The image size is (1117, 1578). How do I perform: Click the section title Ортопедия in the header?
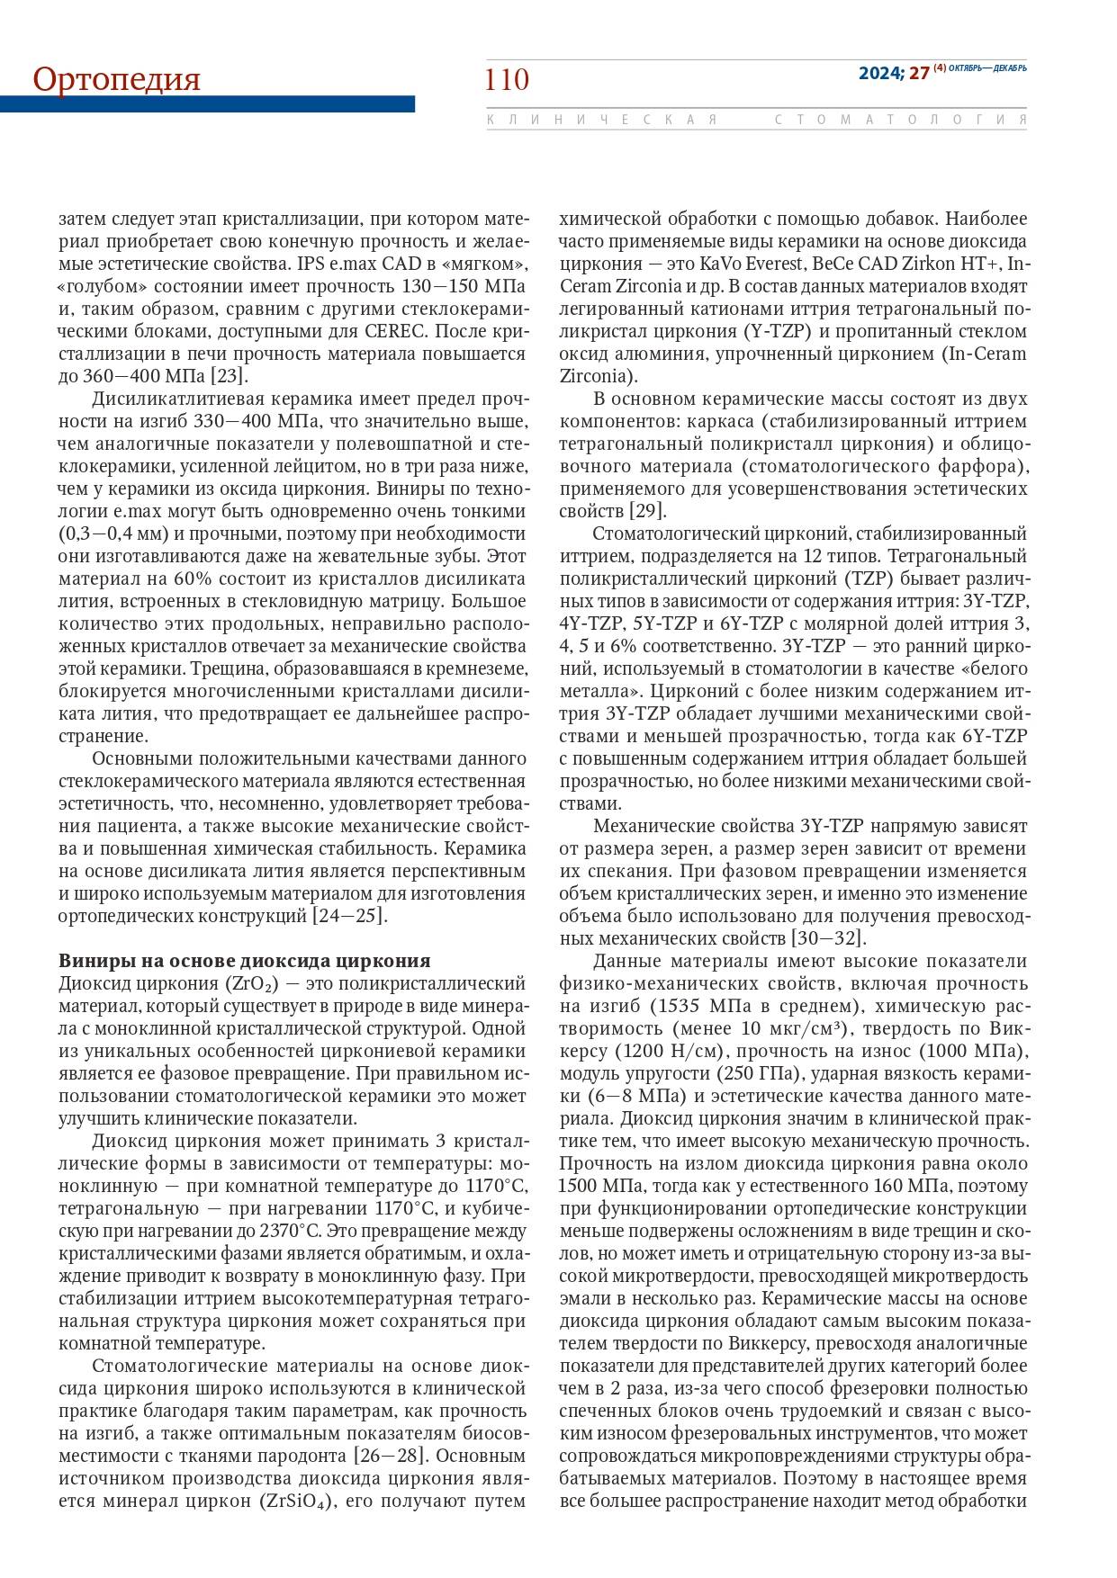(x=117, y=79)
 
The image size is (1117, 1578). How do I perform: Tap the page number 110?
(x=507, y=80)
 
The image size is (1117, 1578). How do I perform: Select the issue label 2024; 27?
(x=893, y=74)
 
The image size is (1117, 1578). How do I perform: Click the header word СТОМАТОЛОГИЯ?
(x=900, y=120)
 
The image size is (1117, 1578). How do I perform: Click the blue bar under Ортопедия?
(x=207, y=104)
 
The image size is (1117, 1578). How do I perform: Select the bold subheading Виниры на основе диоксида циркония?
(x=244, y=960)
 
